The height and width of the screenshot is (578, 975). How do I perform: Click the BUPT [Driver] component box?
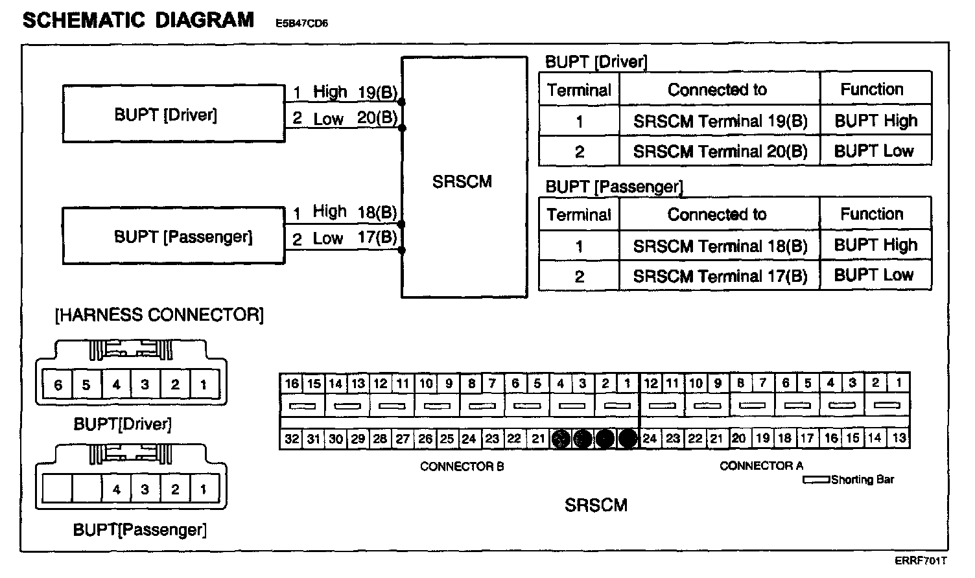pyautogui.click(x=173, y=114)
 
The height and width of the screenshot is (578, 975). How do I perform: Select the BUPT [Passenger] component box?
pyautogui.click(x=173, y=236)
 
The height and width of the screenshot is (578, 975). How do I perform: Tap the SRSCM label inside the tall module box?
pyautogui.click(x=462, y=181)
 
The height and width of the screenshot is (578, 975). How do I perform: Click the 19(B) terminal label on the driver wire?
pyautogui.click(x=377, y=92)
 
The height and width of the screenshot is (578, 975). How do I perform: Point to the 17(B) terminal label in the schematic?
pyautogui.click(x=377, y=237)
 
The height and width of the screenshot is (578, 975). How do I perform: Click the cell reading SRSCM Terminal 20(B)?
pyautogui.click(x=720, y=152)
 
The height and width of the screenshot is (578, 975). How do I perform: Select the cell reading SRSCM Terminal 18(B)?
pyautogui.click(x=720, y=246)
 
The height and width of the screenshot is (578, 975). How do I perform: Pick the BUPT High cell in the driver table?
pyautogui.click(x=875, y=121)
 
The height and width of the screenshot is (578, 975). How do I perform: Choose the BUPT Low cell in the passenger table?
pyautogui.click(x=874, y=275)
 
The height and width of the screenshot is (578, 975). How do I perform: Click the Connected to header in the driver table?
pyautogui.click(x=718, y=89)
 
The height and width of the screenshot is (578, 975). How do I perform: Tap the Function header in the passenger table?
pyautogui.click(x=872, y=214)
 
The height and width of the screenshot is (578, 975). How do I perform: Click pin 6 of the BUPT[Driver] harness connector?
pyautogui.click(x=58, y=385)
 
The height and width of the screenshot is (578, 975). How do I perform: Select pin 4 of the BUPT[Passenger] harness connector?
pyautogui.click(x=117, y=489)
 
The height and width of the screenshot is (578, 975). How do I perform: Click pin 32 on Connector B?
pyautogui.click(x=292, y=439)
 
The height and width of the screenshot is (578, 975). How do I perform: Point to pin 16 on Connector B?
pyautogui.click(x=292, y=383)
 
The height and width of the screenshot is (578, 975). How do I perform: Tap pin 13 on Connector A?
pyautogui.click(x=899, y=438)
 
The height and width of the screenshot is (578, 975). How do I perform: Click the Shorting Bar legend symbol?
pyautogui.click(x=816, y=480)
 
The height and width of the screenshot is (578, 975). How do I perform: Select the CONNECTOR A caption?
pyautogui.click(x=761, y=465)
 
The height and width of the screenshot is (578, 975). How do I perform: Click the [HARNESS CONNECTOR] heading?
pyautogui.click(x=159, y=316)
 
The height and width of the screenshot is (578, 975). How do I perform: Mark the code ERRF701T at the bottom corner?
pyautogui.click(x=921, y=561)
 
